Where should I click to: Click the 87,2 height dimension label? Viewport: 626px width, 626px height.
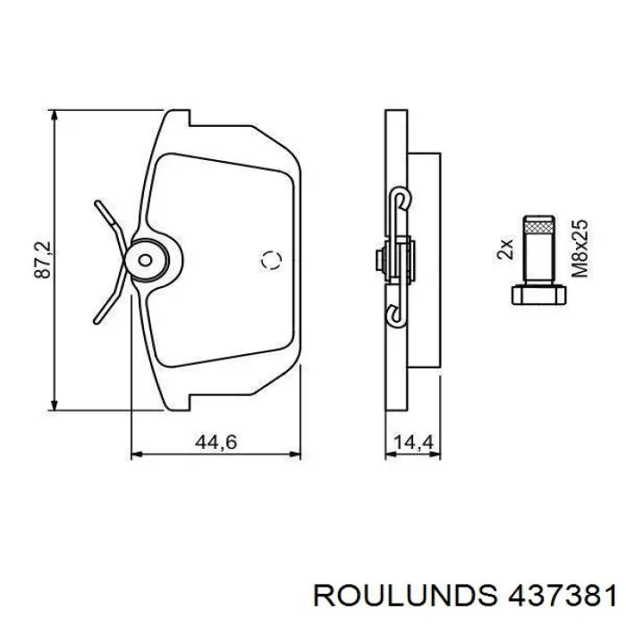click(x=43, y=259)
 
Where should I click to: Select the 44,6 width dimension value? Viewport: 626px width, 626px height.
click(x=216, y=442)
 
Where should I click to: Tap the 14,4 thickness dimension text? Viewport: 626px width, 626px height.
click(x=413, y=442)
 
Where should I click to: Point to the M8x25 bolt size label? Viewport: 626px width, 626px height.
click(x=579, y=248)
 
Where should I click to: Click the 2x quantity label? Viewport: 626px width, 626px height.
click(x=505, y=250)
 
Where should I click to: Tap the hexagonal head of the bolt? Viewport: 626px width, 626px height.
click(x=539, y=294)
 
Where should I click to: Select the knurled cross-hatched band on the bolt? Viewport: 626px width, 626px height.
click(x=539, y=228)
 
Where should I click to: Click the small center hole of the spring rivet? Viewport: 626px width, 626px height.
click(x=145, y=260)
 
